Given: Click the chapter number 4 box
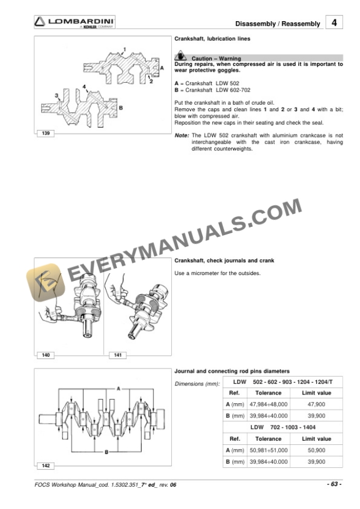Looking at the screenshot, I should click(x=334, y=23).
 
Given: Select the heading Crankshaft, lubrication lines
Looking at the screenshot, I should click(x=212, y=39).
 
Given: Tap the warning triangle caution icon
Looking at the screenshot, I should click(x=181, y=57).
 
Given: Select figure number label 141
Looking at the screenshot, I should click(x=115, y=356).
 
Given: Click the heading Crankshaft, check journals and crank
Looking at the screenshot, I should click(x=224, y=260).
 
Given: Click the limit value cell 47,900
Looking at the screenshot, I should click(x=316, y=404).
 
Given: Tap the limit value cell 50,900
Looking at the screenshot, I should click(x=316, y=450).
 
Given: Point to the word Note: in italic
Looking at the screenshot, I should click(x=182, y=135).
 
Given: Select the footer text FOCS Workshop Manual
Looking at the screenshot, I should click(x=68, y=484).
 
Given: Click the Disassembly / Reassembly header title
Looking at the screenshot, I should click(x=278, y=24).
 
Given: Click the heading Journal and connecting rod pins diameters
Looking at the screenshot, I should click(x=232, y=371).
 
